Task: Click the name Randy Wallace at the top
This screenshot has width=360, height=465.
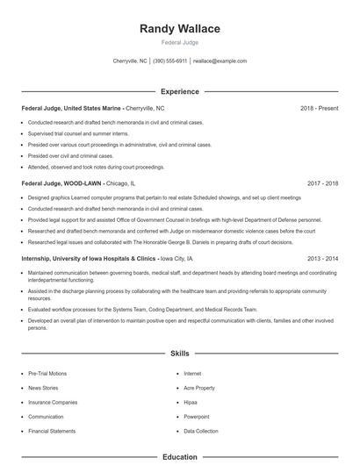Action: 180,29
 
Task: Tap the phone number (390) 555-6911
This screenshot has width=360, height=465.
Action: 169,61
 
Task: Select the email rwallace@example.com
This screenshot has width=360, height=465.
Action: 220,61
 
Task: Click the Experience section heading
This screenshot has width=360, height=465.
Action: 180,91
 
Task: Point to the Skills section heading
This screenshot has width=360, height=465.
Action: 180,353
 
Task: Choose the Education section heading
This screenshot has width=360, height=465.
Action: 180,457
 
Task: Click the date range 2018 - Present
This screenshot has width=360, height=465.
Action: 319,108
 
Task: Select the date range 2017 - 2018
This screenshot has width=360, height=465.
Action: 322,184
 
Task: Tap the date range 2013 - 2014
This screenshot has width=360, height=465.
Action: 322,259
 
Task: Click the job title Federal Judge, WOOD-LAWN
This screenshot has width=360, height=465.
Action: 61,184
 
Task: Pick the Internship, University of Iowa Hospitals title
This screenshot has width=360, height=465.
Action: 88,259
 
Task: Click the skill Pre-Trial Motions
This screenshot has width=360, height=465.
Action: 47,373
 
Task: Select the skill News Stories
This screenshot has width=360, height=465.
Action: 43,388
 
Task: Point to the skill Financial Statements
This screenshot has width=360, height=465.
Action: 51,432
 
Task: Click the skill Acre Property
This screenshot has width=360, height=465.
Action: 199,388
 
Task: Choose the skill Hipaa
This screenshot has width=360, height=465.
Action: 191,402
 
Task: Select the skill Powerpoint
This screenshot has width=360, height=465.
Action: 197,417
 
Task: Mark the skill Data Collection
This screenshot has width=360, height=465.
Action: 201,432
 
